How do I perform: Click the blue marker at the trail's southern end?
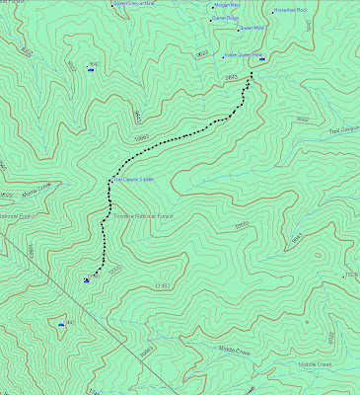88,281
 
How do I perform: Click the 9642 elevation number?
94,64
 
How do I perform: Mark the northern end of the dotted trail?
250,81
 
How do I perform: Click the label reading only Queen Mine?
250,29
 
